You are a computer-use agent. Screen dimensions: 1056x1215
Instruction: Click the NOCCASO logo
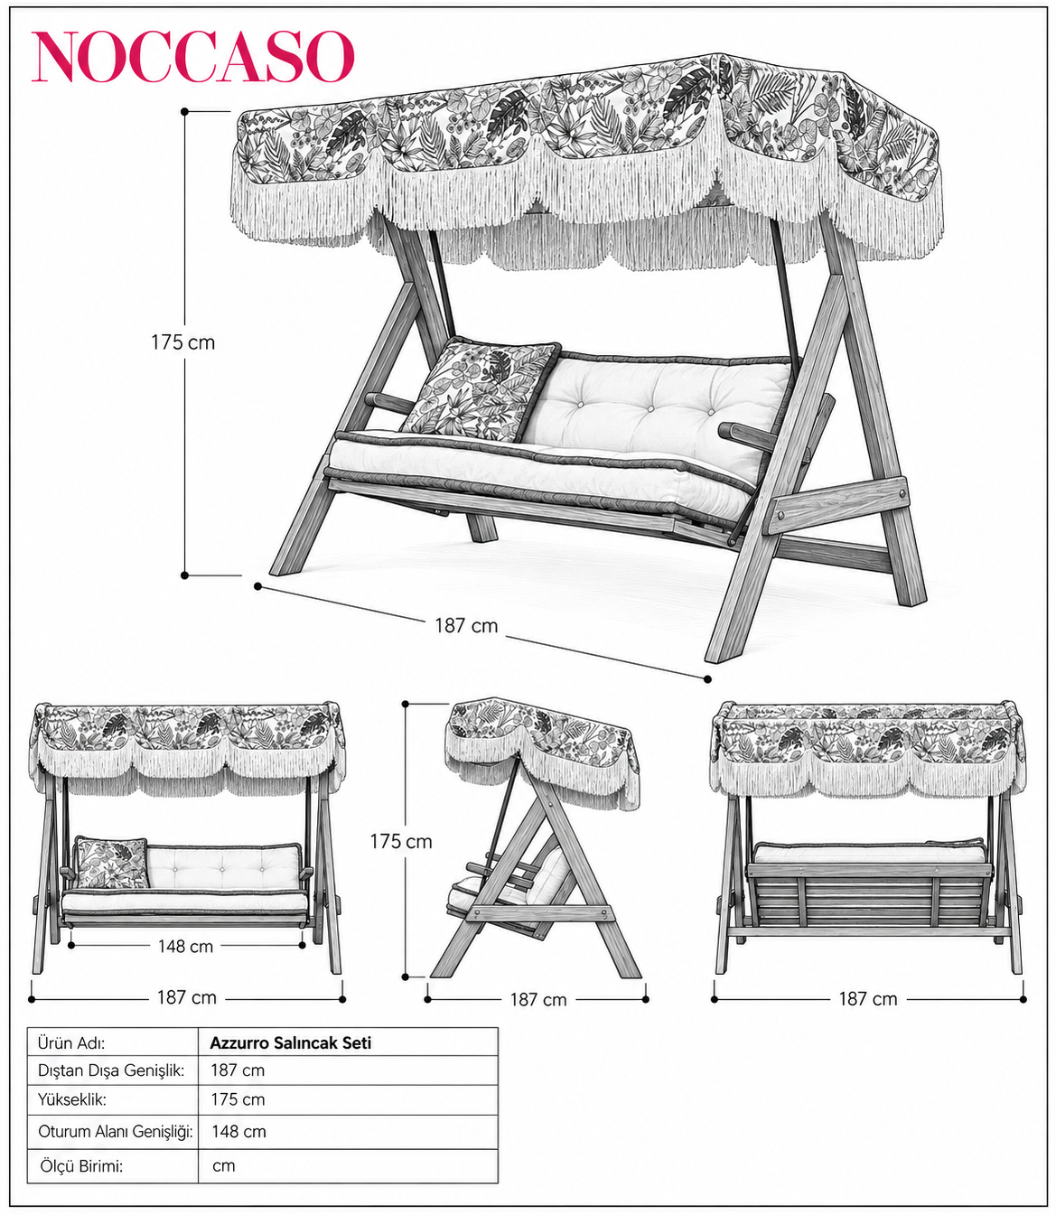point(193,56)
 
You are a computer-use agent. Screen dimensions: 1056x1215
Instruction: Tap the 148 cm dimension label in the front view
point(185,946)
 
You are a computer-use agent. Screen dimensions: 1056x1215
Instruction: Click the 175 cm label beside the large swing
point(182,342)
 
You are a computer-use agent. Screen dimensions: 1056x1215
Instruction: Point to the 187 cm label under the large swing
point(466,625)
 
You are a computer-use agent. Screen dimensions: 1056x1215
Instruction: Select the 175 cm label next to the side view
point(401,842)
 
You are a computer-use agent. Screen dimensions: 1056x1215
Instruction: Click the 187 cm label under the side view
point(538,999)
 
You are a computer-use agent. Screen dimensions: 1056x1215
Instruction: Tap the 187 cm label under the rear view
point(868,999)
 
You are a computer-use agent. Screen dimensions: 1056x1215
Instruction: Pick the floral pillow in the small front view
point(112,863)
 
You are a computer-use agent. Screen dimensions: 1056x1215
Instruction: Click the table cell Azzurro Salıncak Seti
point(291,1043)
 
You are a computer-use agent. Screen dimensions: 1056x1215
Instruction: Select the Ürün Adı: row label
point(71,1043)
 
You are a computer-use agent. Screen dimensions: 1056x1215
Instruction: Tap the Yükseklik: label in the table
point(72,1099)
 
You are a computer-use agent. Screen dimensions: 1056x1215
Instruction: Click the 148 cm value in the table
point(238,1131)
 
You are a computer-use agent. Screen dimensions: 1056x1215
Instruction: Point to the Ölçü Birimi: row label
point(81,1165)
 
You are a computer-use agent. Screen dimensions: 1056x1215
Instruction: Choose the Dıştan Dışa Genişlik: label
point(111,1070)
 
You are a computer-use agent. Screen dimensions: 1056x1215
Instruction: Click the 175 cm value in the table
point(238,1099)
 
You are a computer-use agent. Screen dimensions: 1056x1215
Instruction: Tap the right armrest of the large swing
point(748,436)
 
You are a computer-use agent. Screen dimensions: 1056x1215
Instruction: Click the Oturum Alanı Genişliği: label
point(116,1131)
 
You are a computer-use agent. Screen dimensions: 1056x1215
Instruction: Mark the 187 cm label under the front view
point(186,997)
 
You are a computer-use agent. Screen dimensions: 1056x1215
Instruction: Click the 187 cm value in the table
point(238,1070)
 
